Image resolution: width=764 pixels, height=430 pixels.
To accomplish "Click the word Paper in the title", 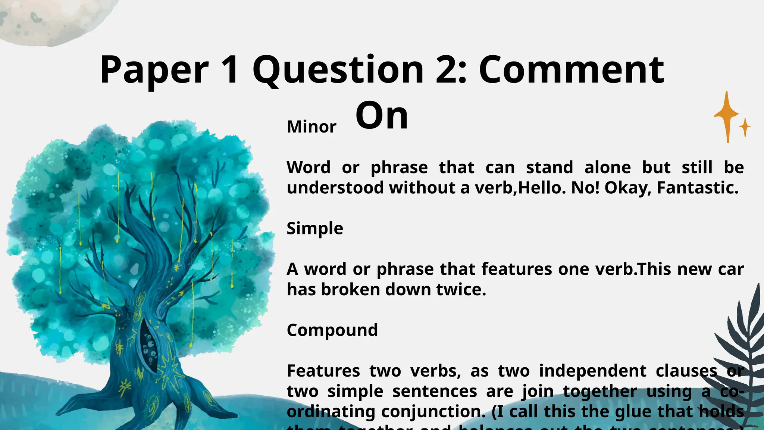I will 154,70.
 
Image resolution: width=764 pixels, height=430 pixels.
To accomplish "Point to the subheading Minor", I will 311,127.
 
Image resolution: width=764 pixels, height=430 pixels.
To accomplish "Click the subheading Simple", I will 315,228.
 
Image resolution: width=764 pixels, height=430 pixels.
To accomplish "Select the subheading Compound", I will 332,330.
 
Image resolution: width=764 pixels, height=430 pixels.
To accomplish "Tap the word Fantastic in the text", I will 697,188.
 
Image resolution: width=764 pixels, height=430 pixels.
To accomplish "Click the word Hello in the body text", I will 539,188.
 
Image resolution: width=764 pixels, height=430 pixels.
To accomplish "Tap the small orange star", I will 745,127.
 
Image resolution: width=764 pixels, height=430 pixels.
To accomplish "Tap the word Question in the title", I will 338,70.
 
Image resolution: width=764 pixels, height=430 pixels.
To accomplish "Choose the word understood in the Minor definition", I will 335,188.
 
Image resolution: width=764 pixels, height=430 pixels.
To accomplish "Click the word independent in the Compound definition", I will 592,371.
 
